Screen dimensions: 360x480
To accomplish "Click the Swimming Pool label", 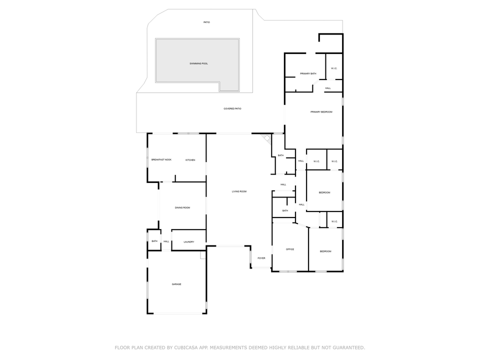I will [x=198, y=63].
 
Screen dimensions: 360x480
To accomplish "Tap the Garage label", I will [x=176, y=284].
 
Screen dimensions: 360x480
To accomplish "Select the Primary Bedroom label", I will [x=321, y=112].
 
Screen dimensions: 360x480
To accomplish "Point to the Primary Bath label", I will [x=308, y=73].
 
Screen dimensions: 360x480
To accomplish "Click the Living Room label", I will [x=239, y=191].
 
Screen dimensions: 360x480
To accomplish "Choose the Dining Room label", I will [x=182, y=207].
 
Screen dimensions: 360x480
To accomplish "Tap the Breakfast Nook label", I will [x=161, y=159].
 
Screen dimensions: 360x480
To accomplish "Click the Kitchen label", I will [x=190, y=160].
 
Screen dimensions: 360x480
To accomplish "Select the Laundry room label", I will [x=188, y=242].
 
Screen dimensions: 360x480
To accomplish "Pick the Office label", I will [x=290, y=249].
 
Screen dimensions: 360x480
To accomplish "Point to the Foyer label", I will [x=261, y=258].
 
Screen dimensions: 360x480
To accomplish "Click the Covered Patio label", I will [x=232, y=108].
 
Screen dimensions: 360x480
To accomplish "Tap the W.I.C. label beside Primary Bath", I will [x=334, y=68].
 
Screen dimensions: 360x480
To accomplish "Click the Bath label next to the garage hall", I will [x=154, y=241].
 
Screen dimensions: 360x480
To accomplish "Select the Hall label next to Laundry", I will [x=166, y=242].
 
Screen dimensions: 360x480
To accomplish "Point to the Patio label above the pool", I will [x=206, y=22].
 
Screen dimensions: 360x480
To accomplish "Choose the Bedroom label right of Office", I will [x=325, y=251].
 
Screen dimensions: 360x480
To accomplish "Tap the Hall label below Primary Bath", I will [x=328, y=88].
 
